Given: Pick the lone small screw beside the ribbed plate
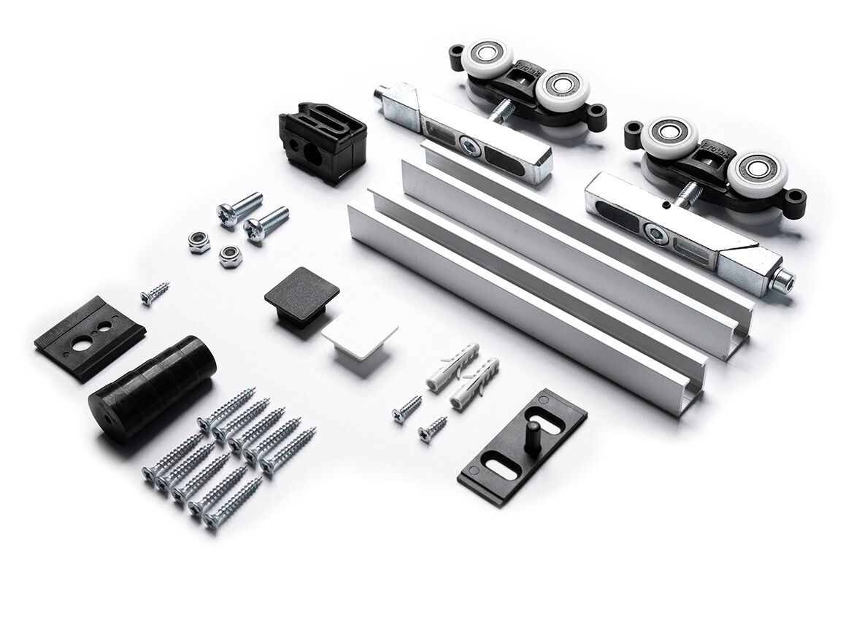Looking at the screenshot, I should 155,293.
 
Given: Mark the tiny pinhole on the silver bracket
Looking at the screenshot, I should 666,207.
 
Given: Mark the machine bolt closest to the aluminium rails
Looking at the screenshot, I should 266,222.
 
